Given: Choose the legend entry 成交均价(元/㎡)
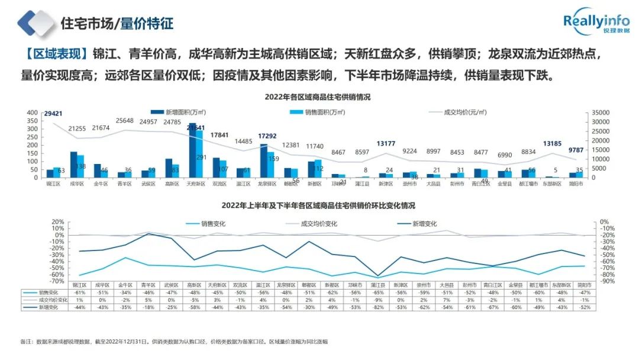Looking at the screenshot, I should (x=461, y=111).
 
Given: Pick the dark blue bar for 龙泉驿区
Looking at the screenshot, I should (x=264, y=160).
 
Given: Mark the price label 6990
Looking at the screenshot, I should (x=504, y=155).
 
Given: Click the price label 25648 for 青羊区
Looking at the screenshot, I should (x=125, y=121).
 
